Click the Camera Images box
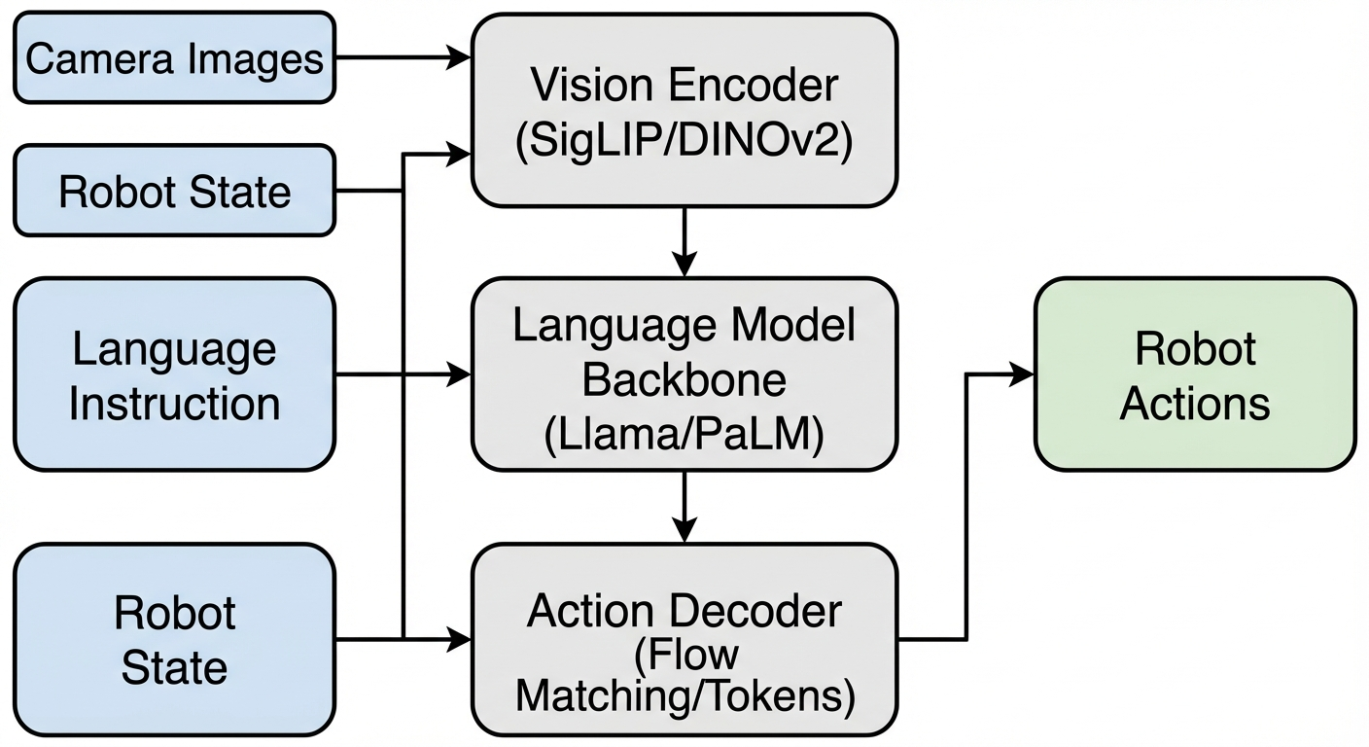(x=174, y=57)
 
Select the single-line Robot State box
(x=174, y=191)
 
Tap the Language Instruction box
(x=174, y=374)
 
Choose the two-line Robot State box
(x=174, y=640)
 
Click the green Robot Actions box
(x=1195, y=374)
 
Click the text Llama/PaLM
(x=684, y=435)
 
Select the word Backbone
(x=684, y=380)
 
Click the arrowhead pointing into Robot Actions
(x=1023, y=374)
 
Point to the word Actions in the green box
(x=1195, y=403)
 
